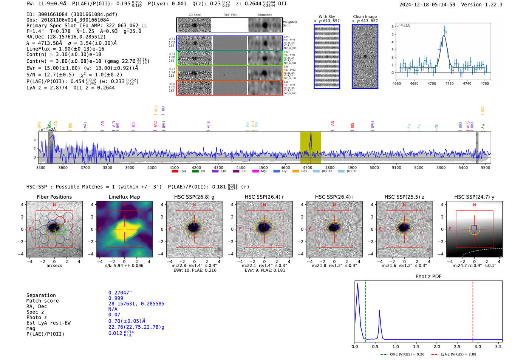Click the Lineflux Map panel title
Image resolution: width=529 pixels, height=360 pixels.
(124, 197)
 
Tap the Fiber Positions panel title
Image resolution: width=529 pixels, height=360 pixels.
(54, 197)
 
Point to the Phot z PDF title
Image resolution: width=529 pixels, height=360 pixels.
(428, 277)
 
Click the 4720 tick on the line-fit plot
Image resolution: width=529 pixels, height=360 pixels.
(449, 83)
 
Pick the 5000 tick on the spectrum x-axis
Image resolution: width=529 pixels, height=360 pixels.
(374, 168)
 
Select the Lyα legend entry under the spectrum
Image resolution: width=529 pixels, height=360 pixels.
(179, 172)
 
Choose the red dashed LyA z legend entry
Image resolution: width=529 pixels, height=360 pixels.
(454, 354)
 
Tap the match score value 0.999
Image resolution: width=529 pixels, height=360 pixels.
(116, 298)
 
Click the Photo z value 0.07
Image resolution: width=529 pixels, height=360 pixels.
(114, 315)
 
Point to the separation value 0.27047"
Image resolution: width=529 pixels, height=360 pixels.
(120, 293)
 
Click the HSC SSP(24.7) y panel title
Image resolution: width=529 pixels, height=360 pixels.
(474, 197)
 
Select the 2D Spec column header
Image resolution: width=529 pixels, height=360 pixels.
(194, 15)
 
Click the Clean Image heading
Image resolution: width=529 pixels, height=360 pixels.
(365, 17)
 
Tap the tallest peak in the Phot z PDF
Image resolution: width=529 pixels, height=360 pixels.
(357, 284)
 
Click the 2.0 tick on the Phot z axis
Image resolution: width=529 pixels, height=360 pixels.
(436, 346)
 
